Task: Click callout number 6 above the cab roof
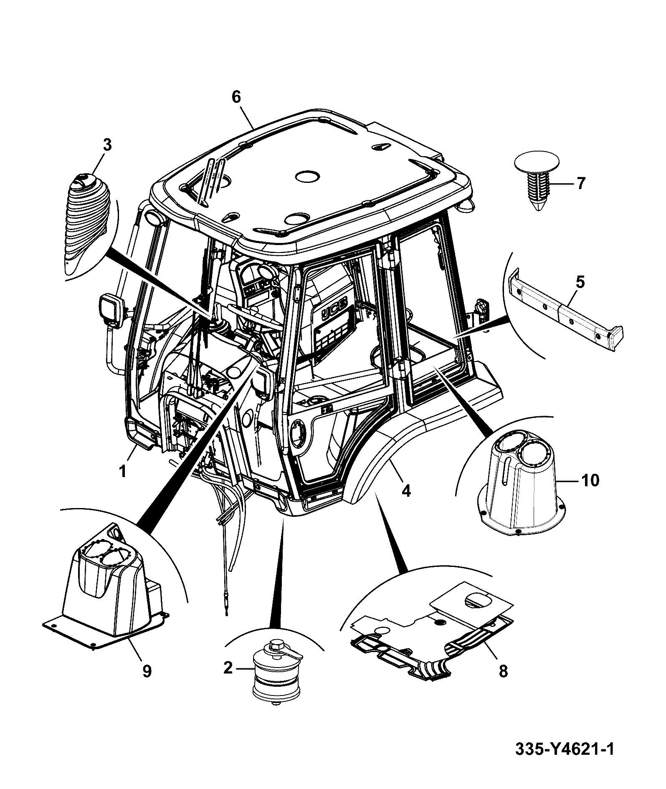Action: point(236,97)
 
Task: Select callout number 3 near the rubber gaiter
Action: point(107,145)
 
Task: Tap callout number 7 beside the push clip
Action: point(581,183)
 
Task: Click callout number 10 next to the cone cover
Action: point(590,480)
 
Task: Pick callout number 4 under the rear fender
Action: point(406,491)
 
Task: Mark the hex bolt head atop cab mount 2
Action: point(276,655)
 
